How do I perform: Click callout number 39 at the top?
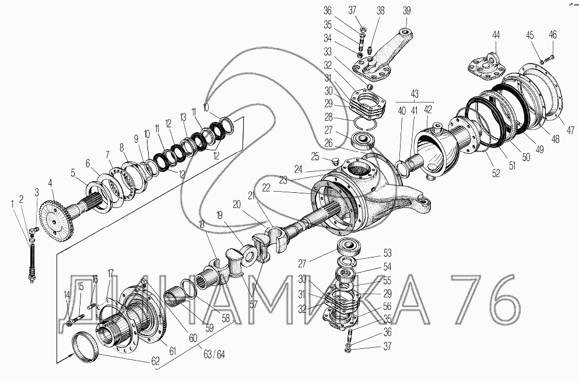coord(406,10)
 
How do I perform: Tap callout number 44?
coord(496,35)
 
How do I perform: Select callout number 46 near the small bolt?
coord(552,35)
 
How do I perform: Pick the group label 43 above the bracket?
coord(414,94)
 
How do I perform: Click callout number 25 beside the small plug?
coord(315,156)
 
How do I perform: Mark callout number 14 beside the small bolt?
coord(66,294)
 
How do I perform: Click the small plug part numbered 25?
coord(334,160)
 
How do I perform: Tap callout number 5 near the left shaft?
coord(73,172)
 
